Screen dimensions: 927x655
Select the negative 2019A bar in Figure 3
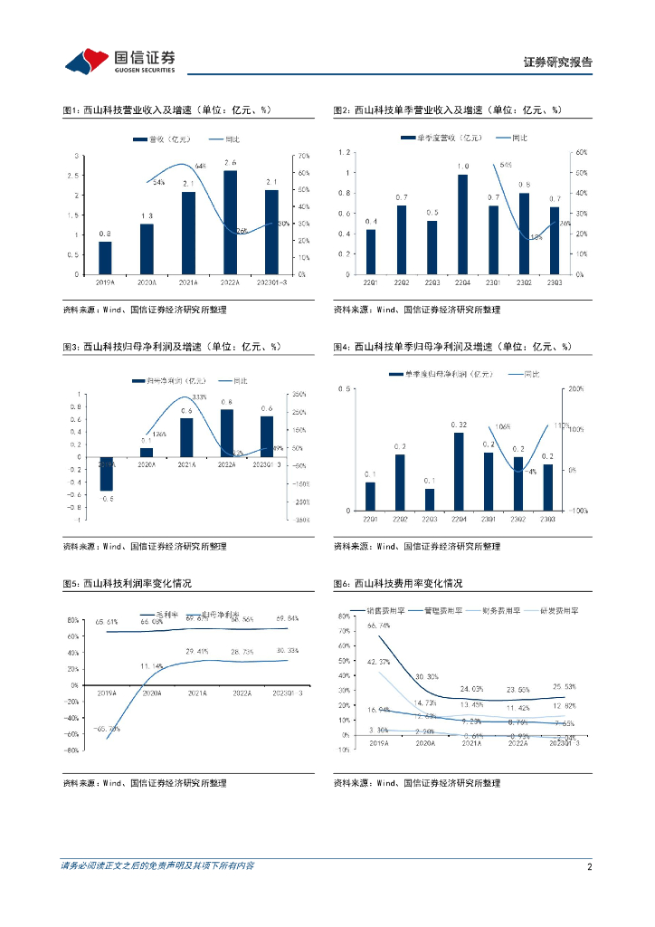106,473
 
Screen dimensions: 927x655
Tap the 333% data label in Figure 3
199,397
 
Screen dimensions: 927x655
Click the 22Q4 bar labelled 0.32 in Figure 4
459,472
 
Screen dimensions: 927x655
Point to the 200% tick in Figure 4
574,388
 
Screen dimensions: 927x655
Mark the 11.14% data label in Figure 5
151,665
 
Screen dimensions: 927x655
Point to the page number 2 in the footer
589,866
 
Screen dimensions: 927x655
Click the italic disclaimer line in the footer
157,866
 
